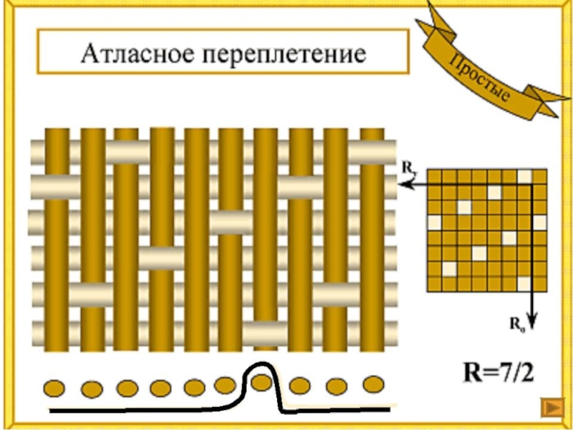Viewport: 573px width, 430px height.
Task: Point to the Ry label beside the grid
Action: [x=408, y=169]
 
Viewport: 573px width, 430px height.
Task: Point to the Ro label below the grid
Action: [x=516, y=325]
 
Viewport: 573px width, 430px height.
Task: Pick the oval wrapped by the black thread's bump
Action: [x=261, y=381]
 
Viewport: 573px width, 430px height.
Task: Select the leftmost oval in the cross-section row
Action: [x=56, y=389]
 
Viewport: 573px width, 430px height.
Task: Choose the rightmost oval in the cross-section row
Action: [x=372, y=384]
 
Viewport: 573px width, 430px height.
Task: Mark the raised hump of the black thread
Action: [x=261, y=367]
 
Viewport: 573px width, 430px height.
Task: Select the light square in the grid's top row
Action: [x=525, y=177]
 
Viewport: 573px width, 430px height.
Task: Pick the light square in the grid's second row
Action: [x=494, y=192]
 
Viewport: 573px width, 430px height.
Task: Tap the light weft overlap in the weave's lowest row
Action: [x=264, y=330]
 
